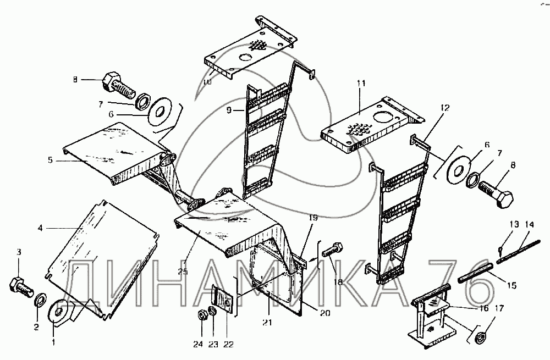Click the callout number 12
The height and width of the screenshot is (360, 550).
(444, 108)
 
